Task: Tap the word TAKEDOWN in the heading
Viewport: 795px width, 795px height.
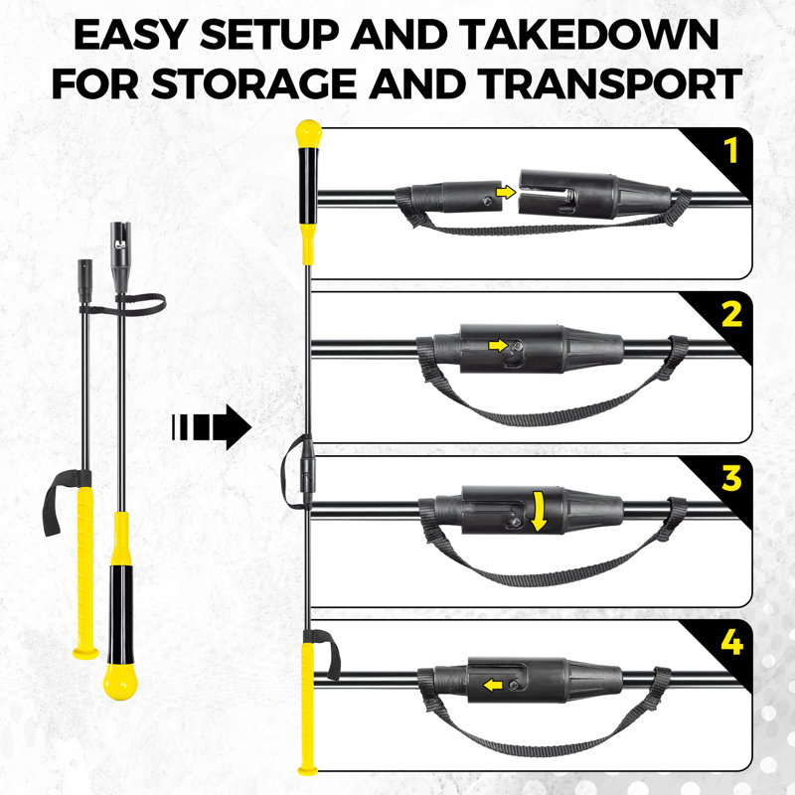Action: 590,35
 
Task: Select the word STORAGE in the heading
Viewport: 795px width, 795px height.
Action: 253,83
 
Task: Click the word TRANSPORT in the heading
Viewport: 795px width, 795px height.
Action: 610,83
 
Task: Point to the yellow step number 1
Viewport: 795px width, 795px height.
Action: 730,151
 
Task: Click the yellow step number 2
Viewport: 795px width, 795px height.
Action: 732,314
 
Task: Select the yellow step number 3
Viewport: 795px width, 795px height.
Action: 732,479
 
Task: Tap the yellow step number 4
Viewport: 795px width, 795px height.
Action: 732,643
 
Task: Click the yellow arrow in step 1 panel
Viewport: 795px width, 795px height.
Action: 506,192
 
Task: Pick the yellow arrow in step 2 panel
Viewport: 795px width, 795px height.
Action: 498,345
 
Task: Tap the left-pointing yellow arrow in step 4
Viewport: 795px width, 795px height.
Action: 493,686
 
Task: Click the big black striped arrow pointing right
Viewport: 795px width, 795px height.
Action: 212,427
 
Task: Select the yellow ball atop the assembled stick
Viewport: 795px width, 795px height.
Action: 308,134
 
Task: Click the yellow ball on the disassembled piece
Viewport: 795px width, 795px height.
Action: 120,682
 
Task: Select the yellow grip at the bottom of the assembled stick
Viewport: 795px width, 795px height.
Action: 307,708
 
